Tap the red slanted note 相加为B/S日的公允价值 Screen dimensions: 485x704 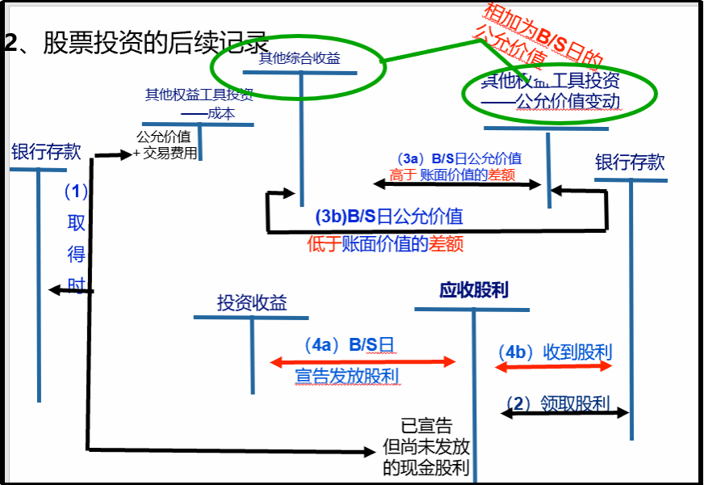pyautogui.click(x=543, y=39)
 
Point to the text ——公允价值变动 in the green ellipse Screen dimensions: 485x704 pyautogui.click(x=556, y=102)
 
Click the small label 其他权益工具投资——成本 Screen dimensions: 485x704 pyautogui.click(x=199, y=104)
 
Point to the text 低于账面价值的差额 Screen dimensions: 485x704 pyautogui.click(x=386, y=243)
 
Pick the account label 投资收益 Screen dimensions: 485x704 pyautogui.click(x=252, y=302)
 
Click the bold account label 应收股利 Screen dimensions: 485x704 pyautogui.click(x=474, y=289)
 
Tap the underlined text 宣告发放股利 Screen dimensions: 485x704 pyautogui.click(x=347, y=377)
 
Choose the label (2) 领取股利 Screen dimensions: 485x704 pyautogui.click(x=558, y=402)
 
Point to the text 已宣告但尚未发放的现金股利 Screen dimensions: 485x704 pyautogui.click(x=427, y=446)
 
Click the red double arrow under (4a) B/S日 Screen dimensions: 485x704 pyautogui.click(x=363, y=361)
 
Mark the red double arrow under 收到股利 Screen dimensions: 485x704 pyautogui.click(x=555, y=366)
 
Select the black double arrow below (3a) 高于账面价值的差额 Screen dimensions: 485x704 pyautogui.click(x=457, y=185)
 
